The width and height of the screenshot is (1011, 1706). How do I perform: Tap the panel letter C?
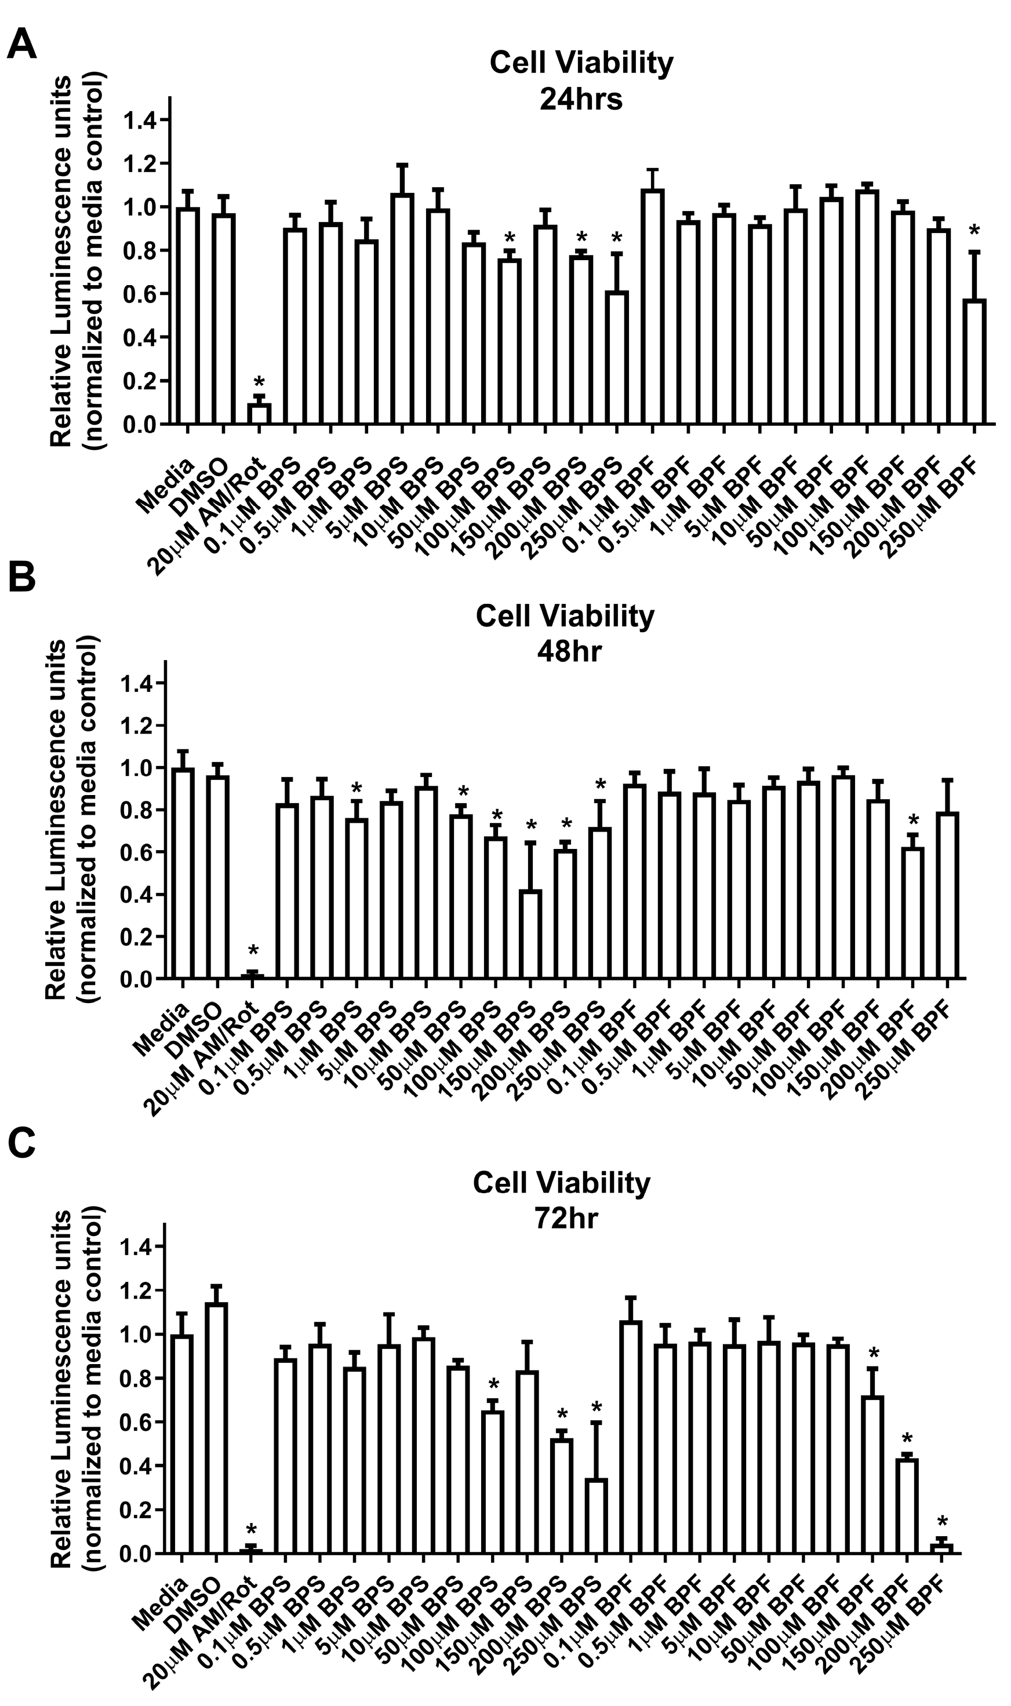(x=22, y=1146)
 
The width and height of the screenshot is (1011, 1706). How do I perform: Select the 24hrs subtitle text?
(x=580, y=100)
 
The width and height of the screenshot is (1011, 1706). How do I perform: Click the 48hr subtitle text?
(x=569, y=652)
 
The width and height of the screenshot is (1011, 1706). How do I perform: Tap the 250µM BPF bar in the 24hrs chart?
(x=974, y=362)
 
